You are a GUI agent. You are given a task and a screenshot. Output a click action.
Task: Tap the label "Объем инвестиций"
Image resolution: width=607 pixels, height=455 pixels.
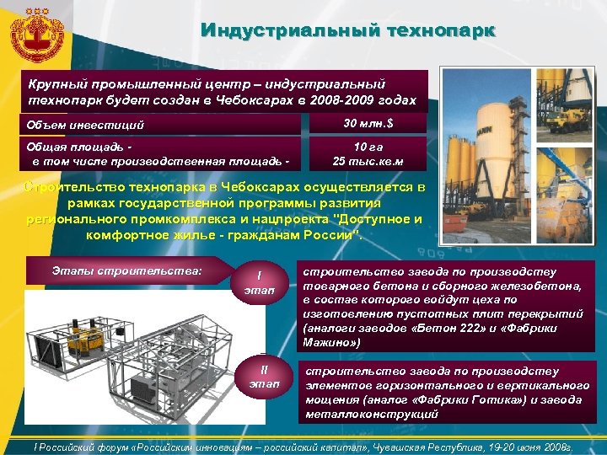84,126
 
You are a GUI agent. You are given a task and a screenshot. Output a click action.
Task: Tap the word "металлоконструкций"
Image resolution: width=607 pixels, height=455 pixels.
372,414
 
